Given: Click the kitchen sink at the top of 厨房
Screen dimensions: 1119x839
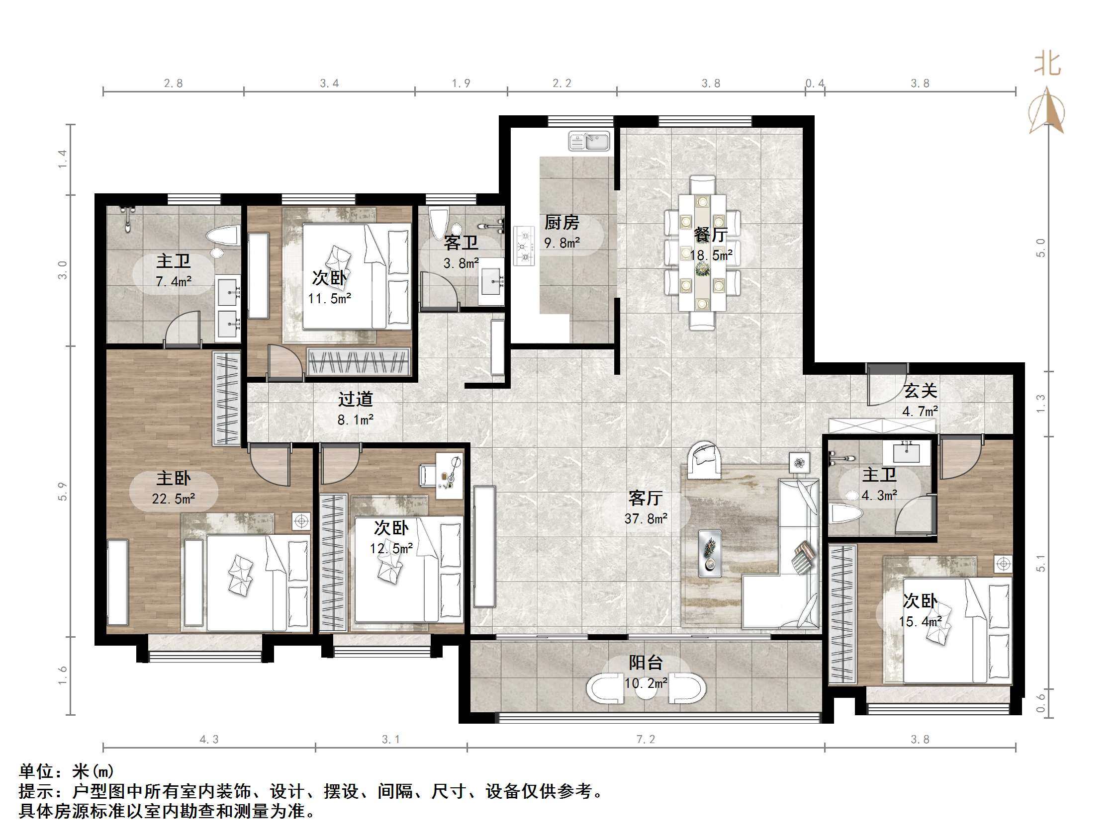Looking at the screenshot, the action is pos(589,141).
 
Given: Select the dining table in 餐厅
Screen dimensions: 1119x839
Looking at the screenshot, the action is pos(702,253).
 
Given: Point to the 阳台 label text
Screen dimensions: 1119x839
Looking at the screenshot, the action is pos(646,663).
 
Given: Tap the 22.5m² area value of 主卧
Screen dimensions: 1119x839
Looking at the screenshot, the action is pos(174,499).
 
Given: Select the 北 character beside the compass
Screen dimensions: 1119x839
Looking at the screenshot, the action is pos(1047,64).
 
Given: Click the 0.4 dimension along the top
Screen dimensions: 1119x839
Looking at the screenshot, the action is pos(815,84).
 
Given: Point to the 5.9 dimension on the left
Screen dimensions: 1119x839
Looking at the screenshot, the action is pos(62,492).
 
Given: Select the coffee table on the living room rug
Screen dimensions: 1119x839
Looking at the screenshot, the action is pos(710,553).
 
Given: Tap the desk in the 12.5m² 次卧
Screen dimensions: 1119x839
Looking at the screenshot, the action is pos(449,475).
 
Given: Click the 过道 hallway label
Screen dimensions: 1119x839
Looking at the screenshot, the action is pos(356,400).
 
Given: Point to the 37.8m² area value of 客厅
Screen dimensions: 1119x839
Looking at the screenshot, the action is pos(646,519).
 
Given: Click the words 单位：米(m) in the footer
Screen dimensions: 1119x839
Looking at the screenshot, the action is pos(66,771).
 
